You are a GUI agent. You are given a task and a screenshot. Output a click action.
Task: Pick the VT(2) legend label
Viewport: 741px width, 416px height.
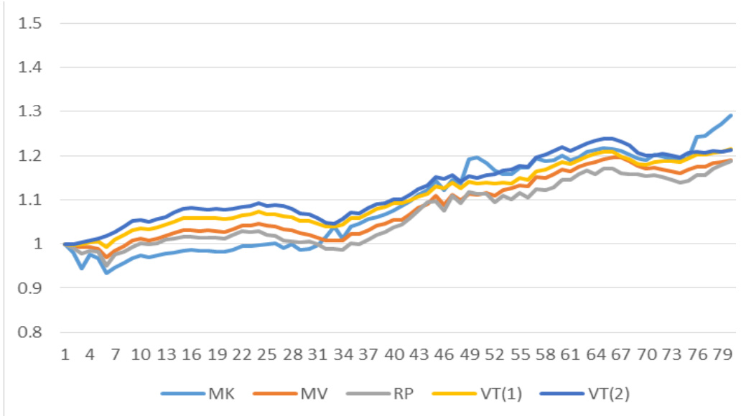tap(638, 393)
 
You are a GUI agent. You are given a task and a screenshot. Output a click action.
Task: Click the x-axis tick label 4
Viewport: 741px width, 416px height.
tap(90, 355)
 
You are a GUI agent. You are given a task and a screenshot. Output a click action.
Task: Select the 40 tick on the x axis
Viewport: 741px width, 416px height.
tap(395, 355)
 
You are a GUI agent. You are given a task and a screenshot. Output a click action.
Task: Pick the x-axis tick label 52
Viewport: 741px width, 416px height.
tap(496, 355)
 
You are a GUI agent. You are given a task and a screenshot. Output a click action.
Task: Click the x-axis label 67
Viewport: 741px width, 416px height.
tap(623, 355)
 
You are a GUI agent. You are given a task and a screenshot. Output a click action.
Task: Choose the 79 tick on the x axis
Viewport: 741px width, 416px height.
tap(724, 355)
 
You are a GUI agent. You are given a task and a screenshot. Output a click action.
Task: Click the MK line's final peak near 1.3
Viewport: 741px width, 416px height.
tap(731, 116)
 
